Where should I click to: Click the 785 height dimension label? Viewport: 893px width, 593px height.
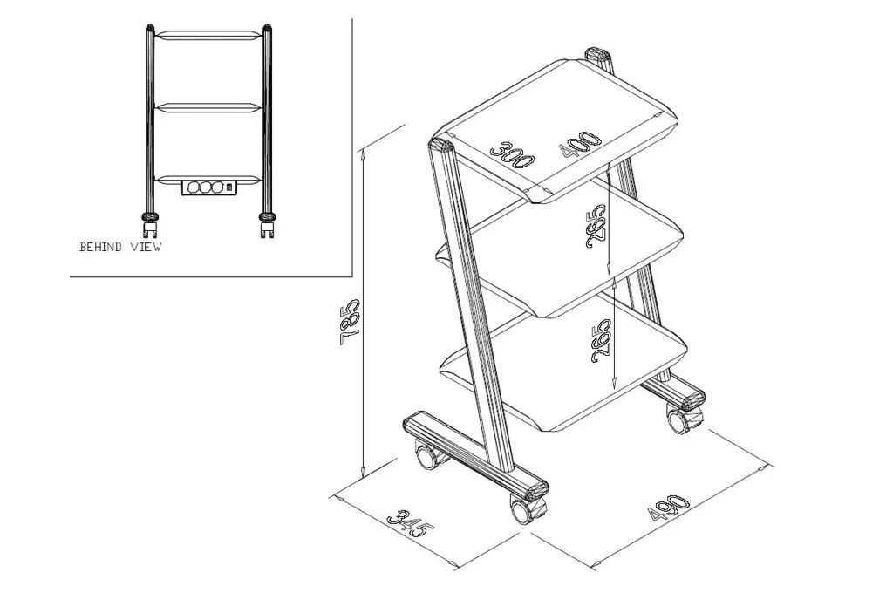point(349,323)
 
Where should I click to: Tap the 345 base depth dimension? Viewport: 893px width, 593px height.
point(411,523)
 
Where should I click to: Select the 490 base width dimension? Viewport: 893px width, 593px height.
point(669,507)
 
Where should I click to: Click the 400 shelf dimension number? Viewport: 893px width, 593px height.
point(580,144)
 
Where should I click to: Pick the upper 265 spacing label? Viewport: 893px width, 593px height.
point(596,226)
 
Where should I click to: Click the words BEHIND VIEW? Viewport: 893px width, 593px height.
point(120,247)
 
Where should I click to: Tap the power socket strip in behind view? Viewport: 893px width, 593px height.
point(208,187)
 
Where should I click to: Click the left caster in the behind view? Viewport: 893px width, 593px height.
point(150,225)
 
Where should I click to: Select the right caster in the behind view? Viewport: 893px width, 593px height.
point(267,225)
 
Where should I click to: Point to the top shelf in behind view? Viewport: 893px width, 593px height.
point(208,35)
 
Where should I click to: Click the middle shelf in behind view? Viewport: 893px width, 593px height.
point(208,108)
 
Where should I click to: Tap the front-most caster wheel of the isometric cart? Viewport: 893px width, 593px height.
point(524,509)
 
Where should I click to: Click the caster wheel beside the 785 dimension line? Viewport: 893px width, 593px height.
point(428,455)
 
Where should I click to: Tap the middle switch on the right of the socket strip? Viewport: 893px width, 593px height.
point(228,187)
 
